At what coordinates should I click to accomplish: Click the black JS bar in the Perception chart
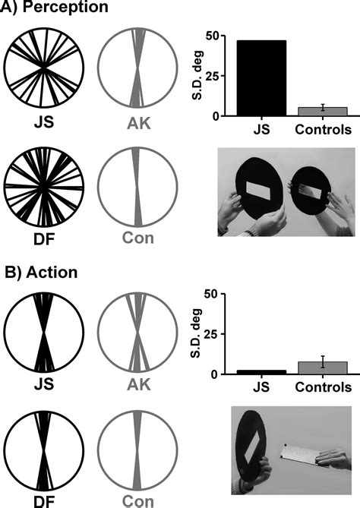click(x=261, y=78)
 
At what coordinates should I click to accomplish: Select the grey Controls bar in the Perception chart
click(x=323, y=112)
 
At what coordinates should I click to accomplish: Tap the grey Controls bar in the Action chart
click(x=323, y=368)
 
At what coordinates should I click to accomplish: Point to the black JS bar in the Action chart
click(x=261, y=372)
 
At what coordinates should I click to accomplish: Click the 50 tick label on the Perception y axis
click(x=212, y=36)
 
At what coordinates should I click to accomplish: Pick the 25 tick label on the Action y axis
click(x=212, y=334)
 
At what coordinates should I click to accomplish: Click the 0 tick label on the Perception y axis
click(x=216, y=116)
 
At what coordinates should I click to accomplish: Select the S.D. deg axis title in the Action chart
click(x=196, y=333)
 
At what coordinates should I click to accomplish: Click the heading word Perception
click(x=66, y=7)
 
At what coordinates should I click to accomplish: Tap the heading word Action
click(x=52, y=272)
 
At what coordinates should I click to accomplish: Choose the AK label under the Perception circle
click(x=139, y=123)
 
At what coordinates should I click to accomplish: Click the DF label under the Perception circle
click(x=44, y=238)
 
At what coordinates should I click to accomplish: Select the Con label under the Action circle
click(x=137, y=501)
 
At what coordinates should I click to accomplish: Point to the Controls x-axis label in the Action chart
click(x=323, y=387)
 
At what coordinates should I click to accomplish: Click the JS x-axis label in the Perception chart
click(x=261, y=129)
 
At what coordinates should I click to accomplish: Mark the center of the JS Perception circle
click(x=44, y=68)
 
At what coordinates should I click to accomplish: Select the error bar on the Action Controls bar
click(x=323, y=361)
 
